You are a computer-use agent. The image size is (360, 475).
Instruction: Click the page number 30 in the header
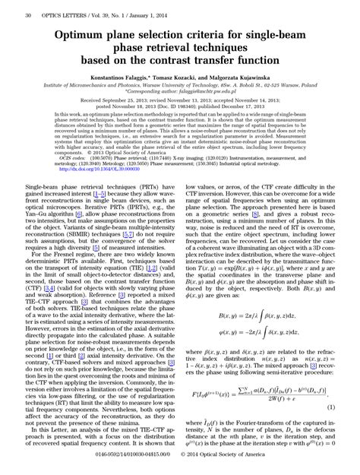pyautogui.click(x=28, y=14)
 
